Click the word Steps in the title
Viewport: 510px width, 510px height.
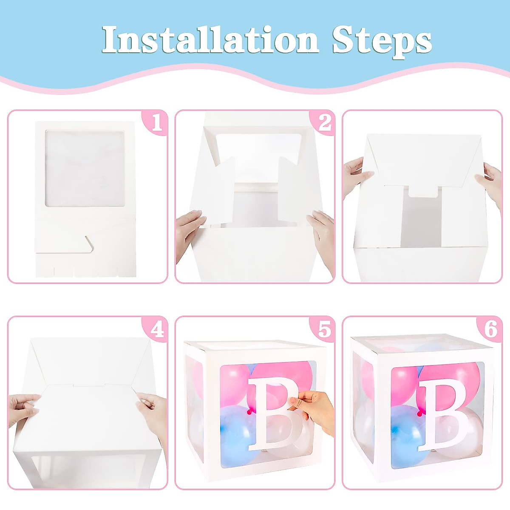(x=382, y=41)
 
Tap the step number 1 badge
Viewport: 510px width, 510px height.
(x=156, y=123)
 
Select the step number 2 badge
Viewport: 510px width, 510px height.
(x=324, y=123)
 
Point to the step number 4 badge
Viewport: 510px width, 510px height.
(x=157, y=329)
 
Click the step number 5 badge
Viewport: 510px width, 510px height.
(x=324, y=329)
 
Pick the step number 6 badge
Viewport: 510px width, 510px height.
(x=491, y=329)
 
